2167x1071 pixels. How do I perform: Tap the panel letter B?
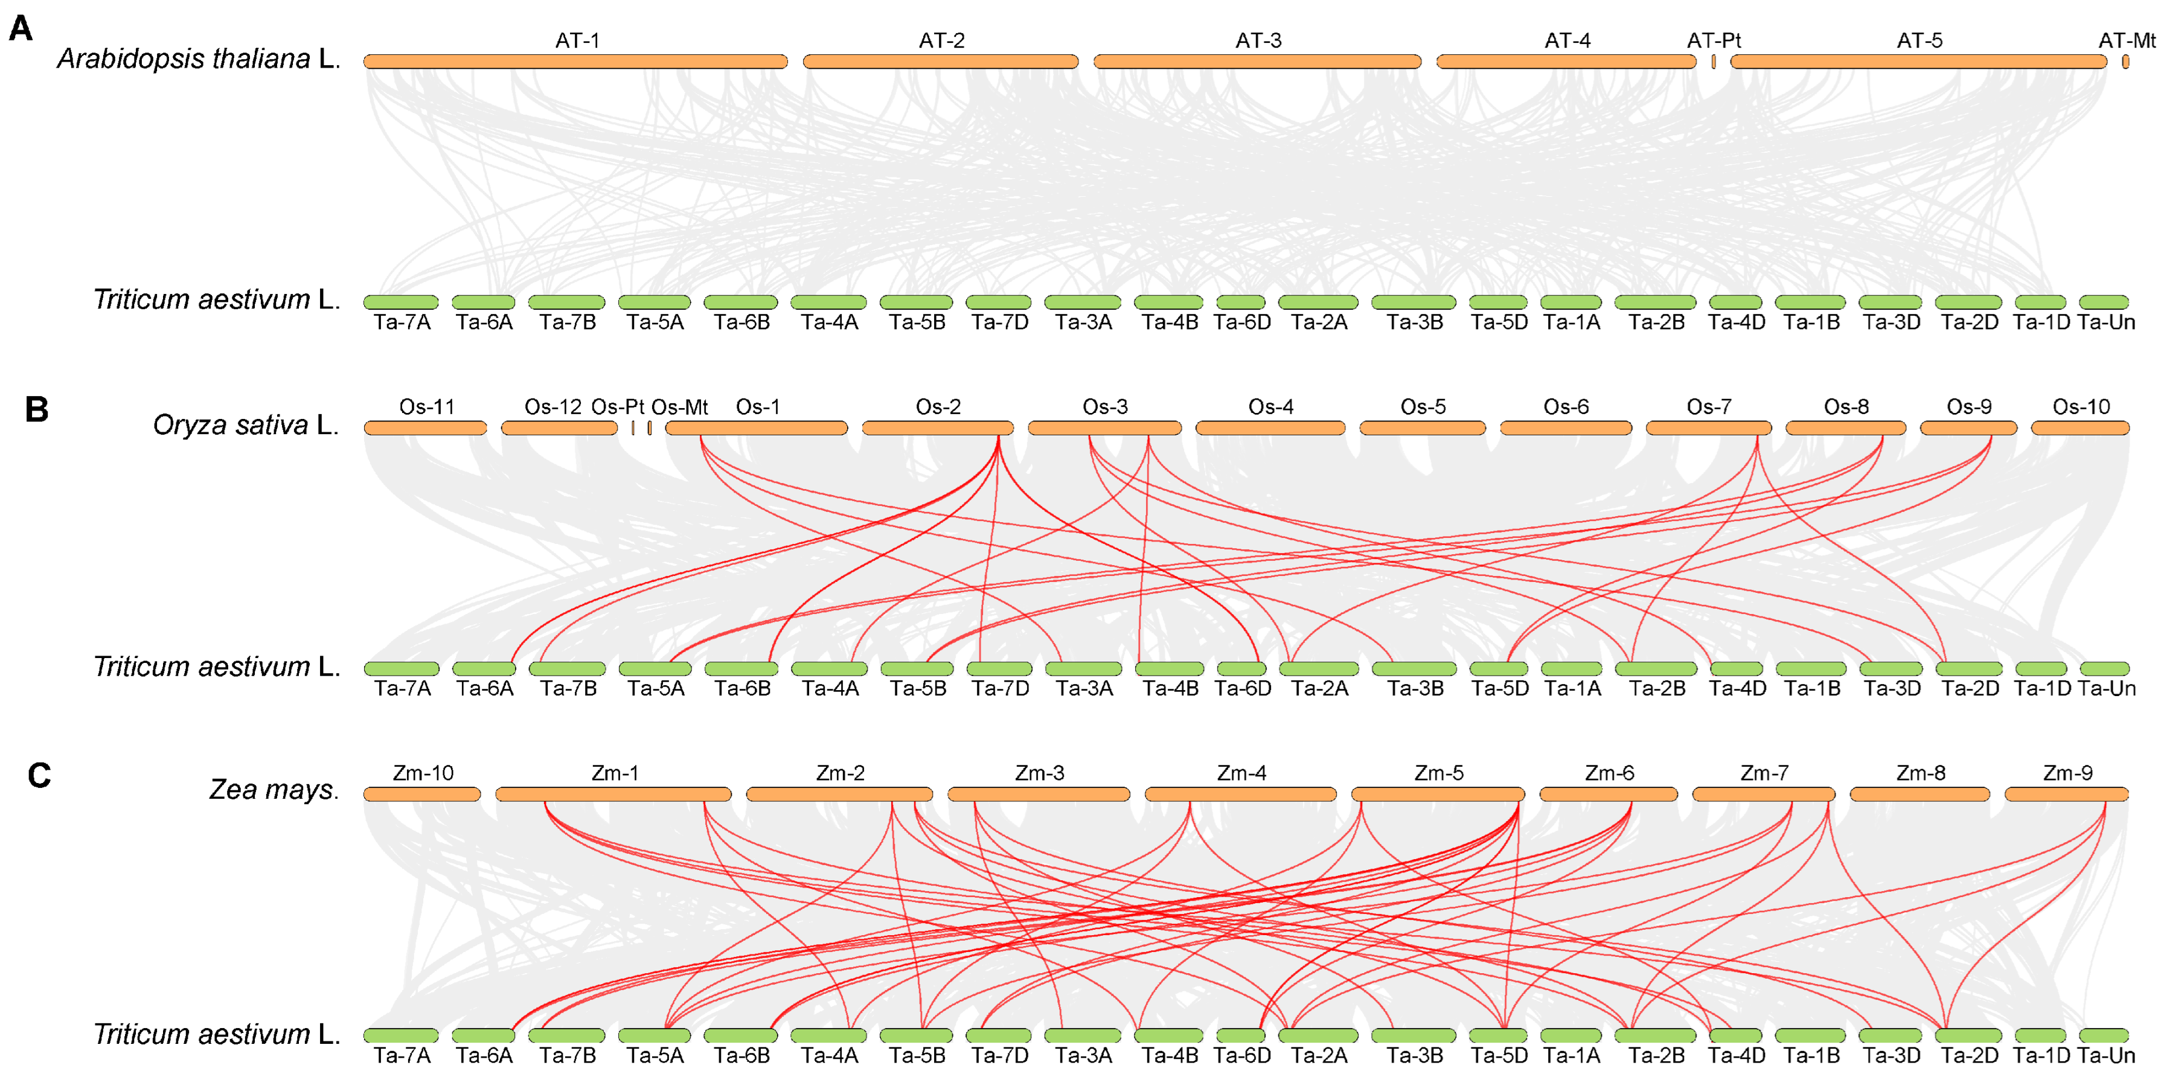point(36,410)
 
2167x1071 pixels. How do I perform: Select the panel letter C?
point(39,775)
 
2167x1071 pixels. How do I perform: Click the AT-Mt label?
point(2127,40)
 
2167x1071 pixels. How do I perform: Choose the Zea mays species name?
point(274,789)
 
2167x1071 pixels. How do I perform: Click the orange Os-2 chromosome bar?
point(937,428)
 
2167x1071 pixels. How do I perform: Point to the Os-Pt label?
point(618,407)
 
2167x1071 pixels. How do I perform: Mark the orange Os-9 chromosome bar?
point(1968,428)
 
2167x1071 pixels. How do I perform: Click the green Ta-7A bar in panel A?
point(402,302)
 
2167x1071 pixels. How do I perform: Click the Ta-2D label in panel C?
point(1970,1055)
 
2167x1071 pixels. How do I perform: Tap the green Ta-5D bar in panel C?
point(1498,1035)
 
